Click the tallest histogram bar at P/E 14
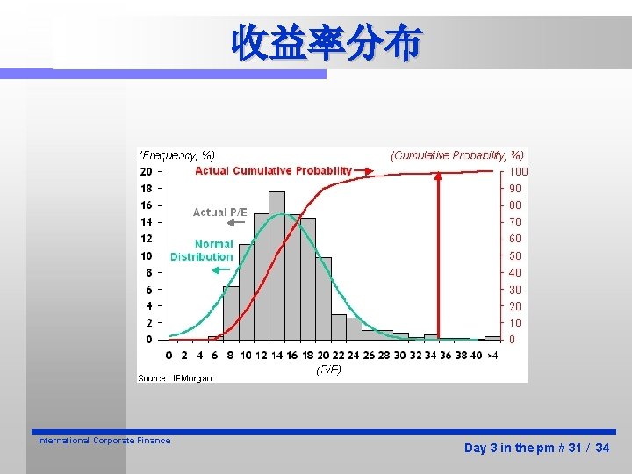276,263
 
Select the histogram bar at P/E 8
231,312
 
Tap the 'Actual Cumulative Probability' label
273,170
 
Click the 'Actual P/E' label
220,212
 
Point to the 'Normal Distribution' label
203,250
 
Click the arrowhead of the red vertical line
438,175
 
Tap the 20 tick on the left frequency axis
146,171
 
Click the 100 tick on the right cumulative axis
519,171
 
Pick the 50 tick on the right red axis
516,255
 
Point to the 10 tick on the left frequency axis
146,255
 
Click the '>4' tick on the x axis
492,355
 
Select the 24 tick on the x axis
354,355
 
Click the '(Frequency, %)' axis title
176,155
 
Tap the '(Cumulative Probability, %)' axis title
456,155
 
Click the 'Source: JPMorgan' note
175,377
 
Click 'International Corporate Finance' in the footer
104,441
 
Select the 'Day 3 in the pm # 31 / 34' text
536,448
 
